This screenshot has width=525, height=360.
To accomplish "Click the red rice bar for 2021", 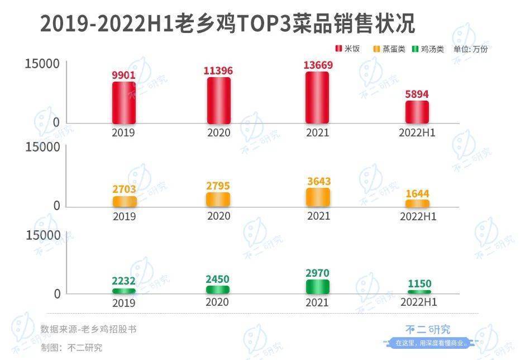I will pos(317,97).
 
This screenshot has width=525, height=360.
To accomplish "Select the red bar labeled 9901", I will pos(124,102).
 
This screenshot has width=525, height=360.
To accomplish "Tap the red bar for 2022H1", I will pos(417,112).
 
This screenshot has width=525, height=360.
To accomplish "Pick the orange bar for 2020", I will pos(218,200).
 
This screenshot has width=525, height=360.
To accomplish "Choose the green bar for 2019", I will pos(124,291).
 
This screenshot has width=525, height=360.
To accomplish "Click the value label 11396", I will pos(218,70).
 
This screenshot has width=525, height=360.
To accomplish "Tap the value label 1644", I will pos(417,193).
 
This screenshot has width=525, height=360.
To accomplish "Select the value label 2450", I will pos(218,279).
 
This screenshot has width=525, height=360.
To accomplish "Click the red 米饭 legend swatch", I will pos(338,49).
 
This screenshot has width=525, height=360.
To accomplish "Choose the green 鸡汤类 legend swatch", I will pos(414,49).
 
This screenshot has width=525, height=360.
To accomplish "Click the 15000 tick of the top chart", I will pos(42,64).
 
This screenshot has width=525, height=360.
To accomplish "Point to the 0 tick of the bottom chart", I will pos(56,293).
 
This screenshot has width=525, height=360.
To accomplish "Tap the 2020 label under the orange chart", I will pos(218,216).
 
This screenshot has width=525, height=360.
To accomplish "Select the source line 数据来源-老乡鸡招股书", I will pos(88,329).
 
